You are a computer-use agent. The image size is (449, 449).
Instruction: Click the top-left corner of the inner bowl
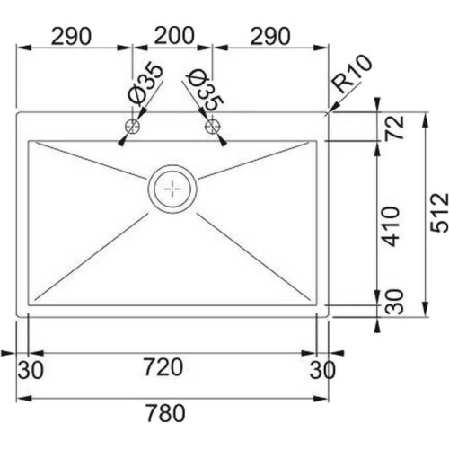(x=30, y=141)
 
